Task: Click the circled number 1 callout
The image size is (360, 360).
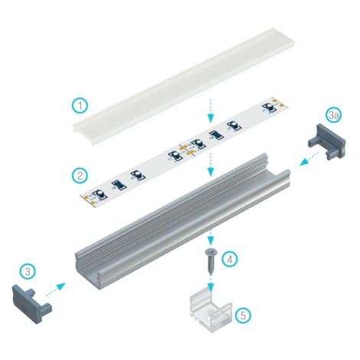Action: [x=80, y=106]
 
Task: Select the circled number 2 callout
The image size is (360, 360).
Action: [x=80, y=175]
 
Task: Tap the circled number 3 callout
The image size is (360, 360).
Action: [x=28, y=271]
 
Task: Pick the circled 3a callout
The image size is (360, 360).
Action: [x=334, y=115]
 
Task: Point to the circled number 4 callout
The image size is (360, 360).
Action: [x=230, y=259]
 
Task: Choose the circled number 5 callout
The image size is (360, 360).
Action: [x=243, y=316]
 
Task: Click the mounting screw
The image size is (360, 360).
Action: [x=210, y=261]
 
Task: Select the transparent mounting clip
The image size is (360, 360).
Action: [x=211, y=313]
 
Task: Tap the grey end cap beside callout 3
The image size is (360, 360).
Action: [x=31, y=304]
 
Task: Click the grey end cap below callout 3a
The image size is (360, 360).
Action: [x=327, y=142]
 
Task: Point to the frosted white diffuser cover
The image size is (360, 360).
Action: [x=184, y=86]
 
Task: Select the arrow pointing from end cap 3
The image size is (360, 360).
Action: [x=55, y=290]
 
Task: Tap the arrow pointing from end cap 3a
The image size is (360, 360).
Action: [x=309, y=159]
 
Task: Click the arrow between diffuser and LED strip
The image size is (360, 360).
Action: [x=210, y=112]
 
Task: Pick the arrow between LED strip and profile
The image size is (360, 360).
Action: [x=210, y=165]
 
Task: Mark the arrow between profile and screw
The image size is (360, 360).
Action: [x=210, y=237]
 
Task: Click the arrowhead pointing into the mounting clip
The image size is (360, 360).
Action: [x=211, y=288]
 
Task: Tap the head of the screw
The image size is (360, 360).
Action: [x=210, y=252]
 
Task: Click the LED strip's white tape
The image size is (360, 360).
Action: [x=184, y=152]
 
